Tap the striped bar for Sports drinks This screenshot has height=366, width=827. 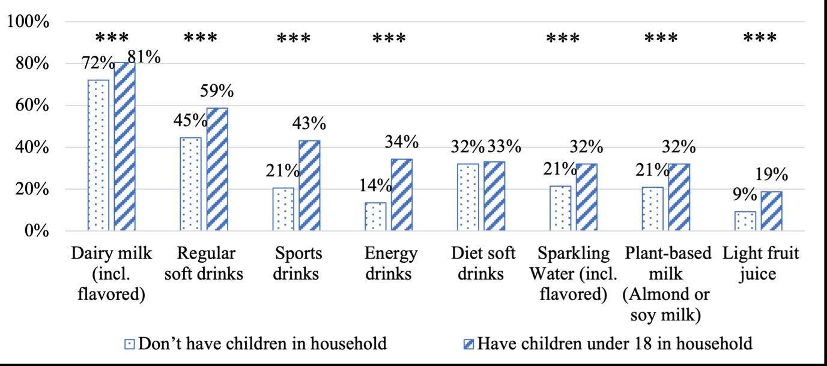(309, 185)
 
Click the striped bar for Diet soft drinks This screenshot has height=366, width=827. (494, 196)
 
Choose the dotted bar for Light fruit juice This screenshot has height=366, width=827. (745, 221)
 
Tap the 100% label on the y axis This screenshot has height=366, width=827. (28, 22)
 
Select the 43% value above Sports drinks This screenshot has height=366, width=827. (309, 124)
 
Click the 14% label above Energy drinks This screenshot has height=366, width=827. (376, 185)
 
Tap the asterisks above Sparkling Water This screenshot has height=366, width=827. (563, 39)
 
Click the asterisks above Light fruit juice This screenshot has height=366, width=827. (760, 39)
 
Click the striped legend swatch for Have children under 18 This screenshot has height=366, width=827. (469, 344)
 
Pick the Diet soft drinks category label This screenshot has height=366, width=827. (483, 263)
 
